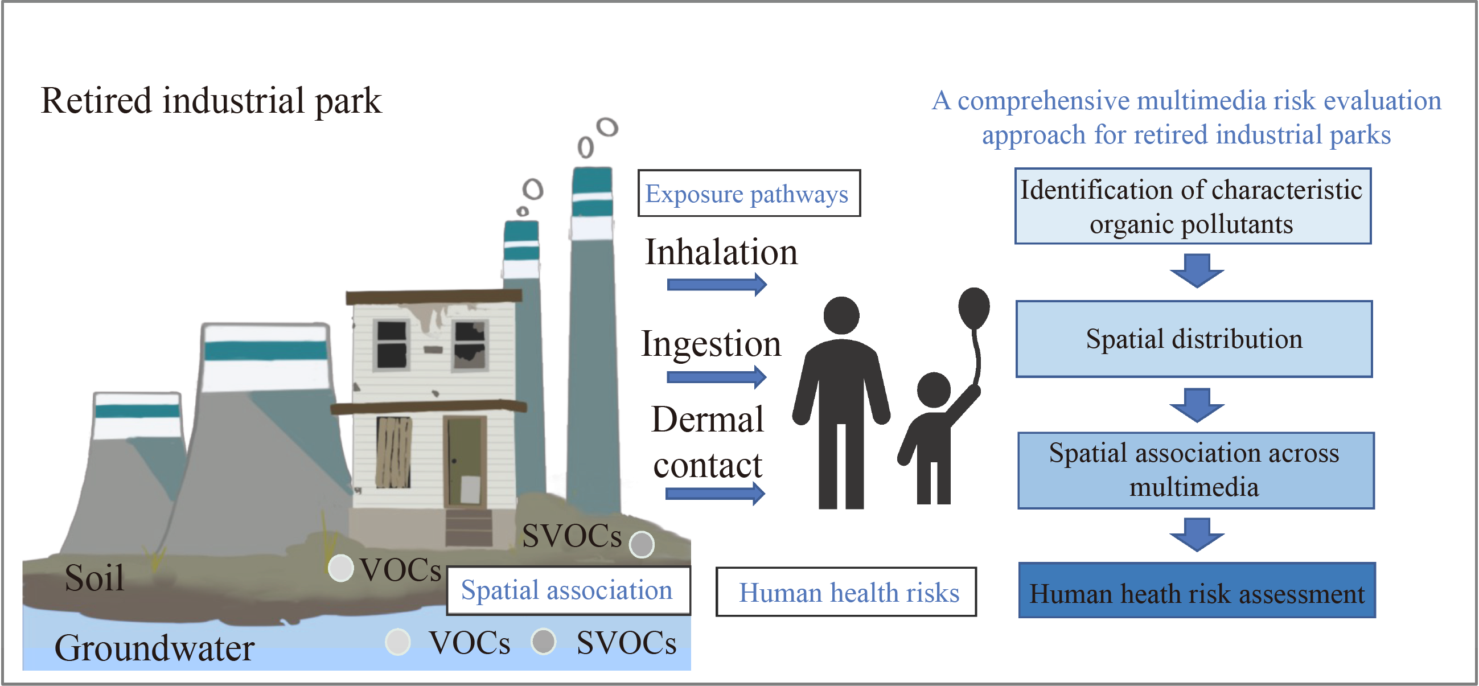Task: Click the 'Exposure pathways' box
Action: (x=749, y=194)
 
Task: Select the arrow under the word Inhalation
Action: (x=717, y=284)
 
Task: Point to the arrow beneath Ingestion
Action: (x=717, y=376)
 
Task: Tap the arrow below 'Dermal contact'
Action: (x=716, y=493)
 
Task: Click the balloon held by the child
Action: (x=973, y=307)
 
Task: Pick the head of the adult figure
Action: (x=841, y=315)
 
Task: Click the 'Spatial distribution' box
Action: (x=1194, y=339)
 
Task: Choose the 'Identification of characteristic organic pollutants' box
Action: (x=1193, y=206)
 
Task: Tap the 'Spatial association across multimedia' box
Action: (x=1195, y=470)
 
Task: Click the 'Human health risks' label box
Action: (x=846, y=592)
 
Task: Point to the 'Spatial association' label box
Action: (x=568, y=590)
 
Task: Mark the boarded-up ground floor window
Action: (x=393, y=453)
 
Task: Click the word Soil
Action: (x=95, y=577)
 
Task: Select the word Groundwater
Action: (x=154, y=648)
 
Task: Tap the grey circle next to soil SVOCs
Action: (x=642, y=544)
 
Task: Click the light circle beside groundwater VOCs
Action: (x=398, y=642)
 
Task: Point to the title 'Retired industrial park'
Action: (x=211, y=101)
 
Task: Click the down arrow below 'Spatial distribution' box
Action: (x=1197, y=405)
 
